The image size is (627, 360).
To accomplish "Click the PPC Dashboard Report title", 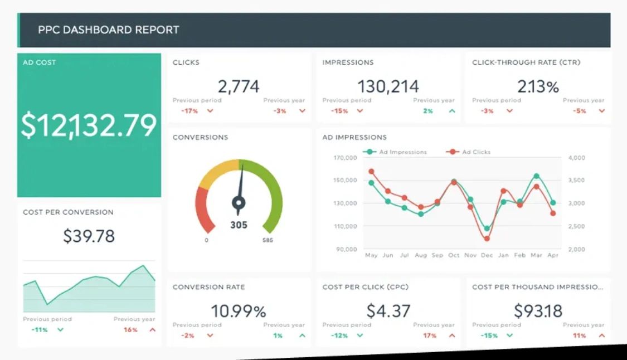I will [109, 30].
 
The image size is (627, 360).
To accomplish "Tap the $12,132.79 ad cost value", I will [89, 125].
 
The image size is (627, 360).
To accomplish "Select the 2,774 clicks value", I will [239, 86].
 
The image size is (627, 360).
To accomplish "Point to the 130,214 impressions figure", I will [388, 86].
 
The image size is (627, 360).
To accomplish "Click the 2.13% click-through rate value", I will [538, 86].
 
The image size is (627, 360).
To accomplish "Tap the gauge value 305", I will [239, 225].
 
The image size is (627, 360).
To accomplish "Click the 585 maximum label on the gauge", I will [268, 240].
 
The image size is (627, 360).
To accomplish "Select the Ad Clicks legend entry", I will [472, 152].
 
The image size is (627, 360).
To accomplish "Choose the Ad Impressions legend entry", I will [397, 152].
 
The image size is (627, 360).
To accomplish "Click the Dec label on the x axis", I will [487, 255].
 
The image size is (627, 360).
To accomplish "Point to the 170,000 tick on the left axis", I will [346, 158].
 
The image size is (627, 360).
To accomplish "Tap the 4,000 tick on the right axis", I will [577, 158].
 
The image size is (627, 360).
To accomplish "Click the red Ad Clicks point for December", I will [487, 239].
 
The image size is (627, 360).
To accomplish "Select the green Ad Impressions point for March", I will [536, 176].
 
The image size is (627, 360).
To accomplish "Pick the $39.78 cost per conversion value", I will [89, 236].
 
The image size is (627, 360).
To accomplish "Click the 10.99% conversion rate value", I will [239, 310].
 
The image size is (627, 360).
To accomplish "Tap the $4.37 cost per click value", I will [388, 310].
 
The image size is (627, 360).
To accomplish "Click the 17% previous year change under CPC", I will [430, 335].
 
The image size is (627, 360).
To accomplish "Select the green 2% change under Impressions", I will [428, 111].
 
